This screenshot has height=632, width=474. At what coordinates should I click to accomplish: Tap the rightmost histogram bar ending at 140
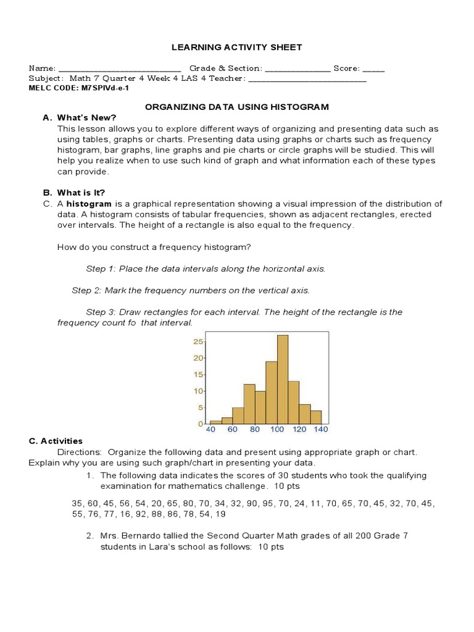(x=316, y=417)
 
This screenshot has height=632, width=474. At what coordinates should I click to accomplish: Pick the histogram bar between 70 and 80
(x=249, y=404)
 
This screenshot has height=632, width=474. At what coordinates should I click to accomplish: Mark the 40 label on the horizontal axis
(x=210, y=430)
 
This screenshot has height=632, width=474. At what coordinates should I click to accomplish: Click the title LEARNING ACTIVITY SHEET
(x=236, y=47)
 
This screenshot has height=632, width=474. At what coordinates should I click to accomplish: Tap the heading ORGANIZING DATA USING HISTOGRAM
(x=236, y=107)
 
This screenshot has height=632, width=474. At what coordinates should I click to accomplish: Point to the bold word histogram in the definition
(x=89, y=204)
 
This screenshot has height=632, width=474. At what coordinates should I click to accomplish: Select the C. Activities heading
(x=56, y=441)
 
